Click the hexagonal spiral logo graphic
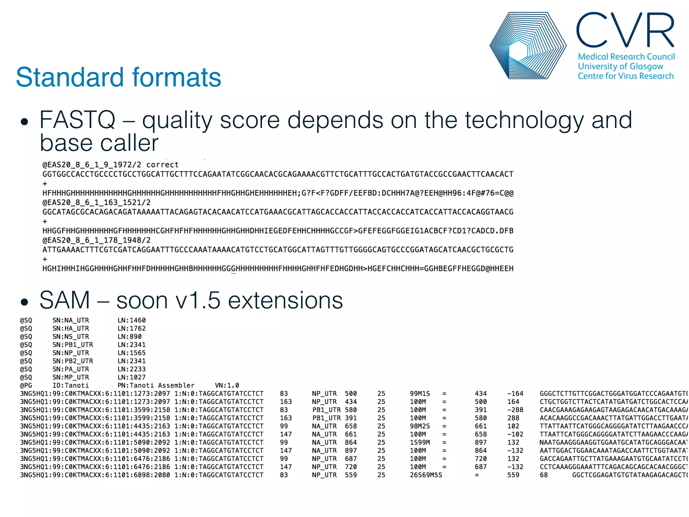528,46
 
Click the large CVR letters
625,30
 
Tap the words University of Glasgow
620,66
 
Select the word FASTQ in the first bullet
77,120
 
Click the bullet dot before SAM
24,302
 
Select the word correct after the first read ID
162,165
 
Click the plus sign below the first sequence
45,184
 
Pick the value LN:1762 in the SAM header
132,329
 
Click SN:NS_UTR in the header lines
71,337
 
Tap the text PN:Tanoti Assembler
156,385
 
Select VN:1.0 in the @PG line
227,385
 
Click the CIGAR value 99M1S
420,393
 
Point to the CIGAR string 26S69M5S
426,475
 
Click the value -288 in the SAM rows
515,410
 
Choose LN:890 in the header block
130,337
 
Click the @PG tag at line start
26,385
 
